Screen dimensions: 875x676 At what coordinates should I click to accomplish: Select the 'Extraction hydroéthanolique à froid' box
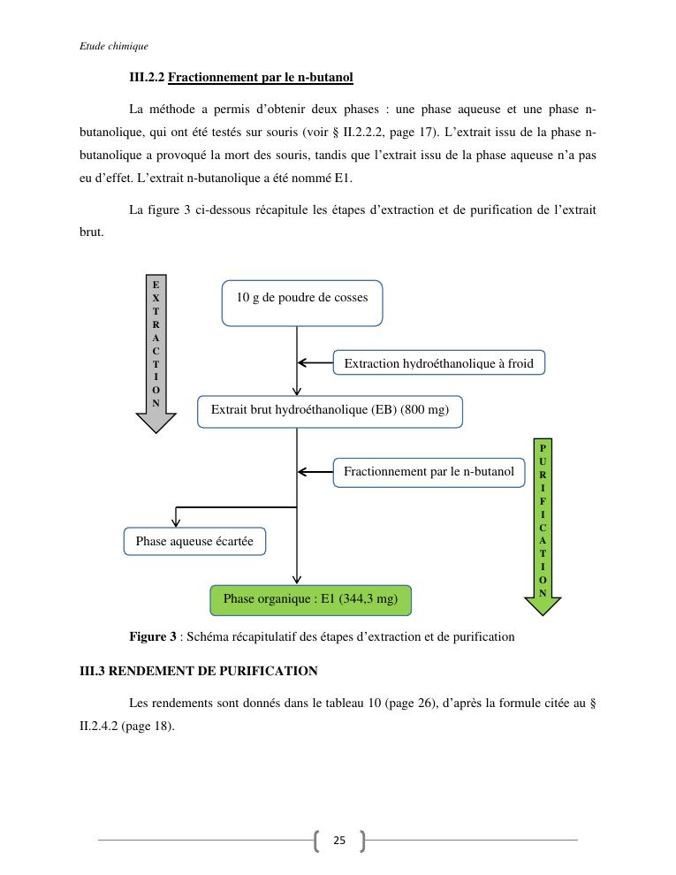point(438,363)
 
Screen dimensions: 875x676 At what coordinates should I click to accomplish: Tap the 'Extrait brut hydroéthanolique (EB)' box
point(330,411)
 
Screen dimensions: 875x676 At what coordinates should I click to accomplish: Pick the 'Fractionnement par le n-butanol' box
point(429,472)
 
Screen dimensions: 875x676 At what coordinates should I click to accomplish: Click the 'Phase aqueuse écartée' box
point(194,541)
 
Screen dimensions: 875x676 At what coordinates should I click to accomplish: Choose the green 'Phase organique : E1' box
point(310,599)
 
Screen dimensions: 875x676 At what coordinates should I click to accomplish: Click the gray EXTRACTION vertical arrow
point(156,354)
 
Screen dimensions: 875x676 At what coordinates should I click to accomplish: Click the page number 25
point(339,841)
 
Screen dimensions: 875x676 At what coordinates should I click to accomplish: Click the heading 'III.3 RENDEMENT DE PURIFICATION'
point(199,671)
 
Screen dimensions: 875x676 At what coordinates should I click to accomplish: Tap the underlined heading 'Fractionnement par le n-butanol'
point(260,78)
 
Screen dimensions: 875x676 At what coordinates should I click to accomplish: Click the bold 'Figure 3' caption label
point(153,636)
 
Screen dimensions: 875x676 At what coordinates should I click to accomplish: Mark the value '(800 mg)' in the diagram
point(425,411)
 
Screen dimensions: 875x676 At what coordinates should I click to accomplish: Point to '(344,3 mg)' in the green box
point(368,599)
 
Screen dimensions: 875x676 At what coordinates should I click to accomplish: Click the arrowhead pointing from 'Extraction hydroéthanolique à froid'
point(302,363)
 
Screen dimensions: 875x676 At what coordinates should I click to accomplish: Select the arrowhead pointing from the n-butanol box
point(302,472)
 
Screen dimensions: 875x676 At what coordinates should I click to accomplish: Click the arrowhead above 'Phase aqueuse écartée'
point(177,522)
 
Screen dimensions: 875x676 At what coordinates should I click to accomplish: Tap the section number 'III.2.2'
point(147,78)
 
